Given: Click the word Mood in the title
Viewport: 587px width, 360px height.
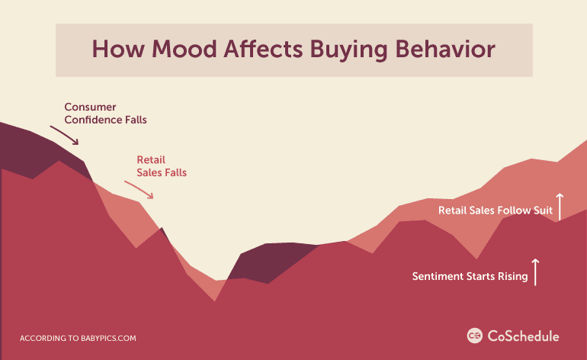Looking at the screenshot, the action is click(184, 49).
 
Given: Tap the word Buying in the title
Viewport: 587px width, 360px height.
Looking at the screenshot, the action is click(348, 50).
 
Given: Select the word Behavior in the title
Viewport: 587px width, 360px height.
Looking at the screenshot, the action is click(445, 49).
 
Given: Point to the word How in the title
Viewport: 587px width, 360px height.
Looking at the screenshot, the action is click(117, 49).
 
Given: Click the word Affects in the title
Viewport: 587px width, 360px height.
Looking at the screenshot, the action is click(263, 49).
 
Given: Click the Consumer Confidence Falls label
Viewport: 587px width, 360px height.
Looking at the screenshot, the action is click(105, 113).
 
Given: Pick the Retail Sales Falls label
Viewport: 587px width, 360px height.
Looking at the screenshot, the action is click(162, 166).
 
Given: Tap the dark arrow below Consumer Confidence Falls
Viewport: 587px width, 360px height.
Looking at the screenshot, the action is click(64, 135).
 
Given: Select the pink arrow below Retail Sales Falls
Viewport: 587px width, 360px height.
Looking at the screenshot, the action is click(139, 190).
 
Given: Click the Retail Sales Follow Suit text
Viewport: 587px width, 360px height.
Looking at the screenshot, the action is click(496, 211).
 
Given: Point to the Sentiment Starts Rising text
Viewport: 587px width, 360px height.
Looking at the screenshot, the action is click(470, 276).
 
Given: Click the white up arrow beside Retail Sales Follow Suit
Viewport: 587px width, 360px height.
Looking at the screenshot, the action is click(560, 207).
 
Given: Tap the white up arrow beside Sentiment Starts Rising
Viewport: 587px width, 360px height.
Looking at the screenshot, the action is click(535, 272).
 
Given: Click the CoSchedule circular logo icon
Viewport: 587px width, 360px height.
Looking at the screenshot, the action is click(475, 336).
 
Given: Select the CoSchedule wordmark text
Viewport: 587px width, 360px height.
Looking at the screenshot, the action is click(524, 336).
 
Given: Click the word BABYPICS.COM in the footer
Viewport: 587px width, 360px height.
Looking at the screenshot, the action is click(108, 339).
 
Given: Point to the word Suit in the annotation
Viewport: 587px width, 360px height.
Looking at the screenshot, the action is click(544, 211).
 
